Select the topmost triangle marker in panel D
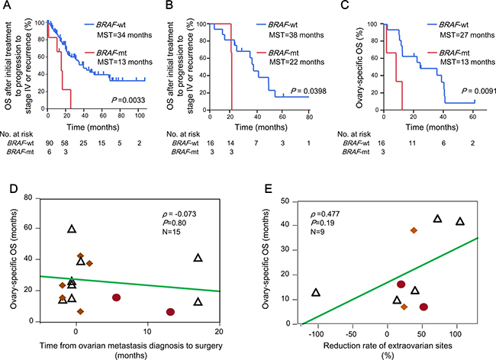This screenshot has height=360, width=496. click(72, 229)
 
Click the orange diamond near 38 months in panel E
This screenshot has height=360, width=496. click(414, 230)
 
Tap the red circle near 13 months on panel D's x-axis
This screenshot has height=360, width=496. click(170, 312)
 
